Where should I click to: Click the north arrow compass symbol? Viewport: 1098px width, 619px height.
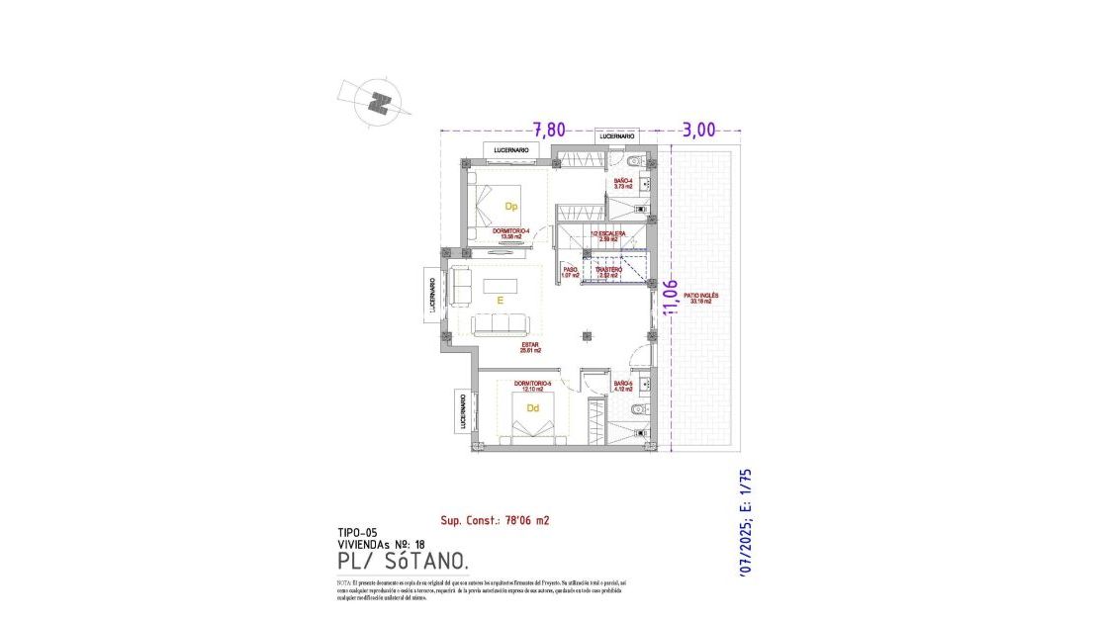377,101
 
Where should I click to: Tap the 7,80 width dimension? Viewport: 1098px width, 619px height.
550,130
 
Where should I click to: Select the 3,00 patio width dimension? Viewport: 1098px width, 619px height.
698,130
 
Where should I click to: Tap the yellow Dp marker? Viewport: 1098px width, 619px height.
511,207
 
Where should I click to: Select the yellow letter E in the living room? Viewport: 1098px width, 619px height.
501,300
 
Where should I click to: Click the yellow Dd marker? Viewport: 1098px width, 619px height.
532,407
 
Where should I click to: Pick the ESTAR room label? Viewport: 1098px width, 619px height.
530,347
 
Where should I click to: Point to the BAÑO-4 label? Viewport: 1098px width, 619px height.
623,183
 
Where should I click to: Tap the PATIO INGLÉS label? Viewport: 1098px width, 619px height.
701,298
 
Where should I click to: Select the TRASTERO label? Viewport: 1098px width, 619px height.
607,271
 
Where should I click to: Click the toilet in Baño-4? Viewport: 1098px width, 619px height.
637,160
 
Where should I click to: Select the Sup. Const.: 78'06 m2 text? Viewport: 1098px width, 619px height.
495,519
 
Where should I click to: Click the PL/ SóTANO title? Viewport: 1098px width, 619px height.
403,561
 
